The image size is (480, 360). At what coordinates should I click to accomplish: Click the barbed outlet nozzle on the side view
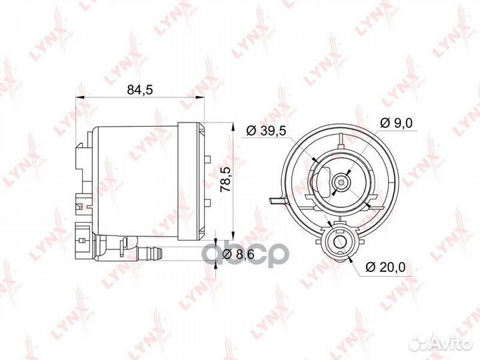pos(152,251)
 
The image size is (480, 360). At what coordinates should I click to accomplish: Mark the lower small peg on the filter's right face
pos(208,199)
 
